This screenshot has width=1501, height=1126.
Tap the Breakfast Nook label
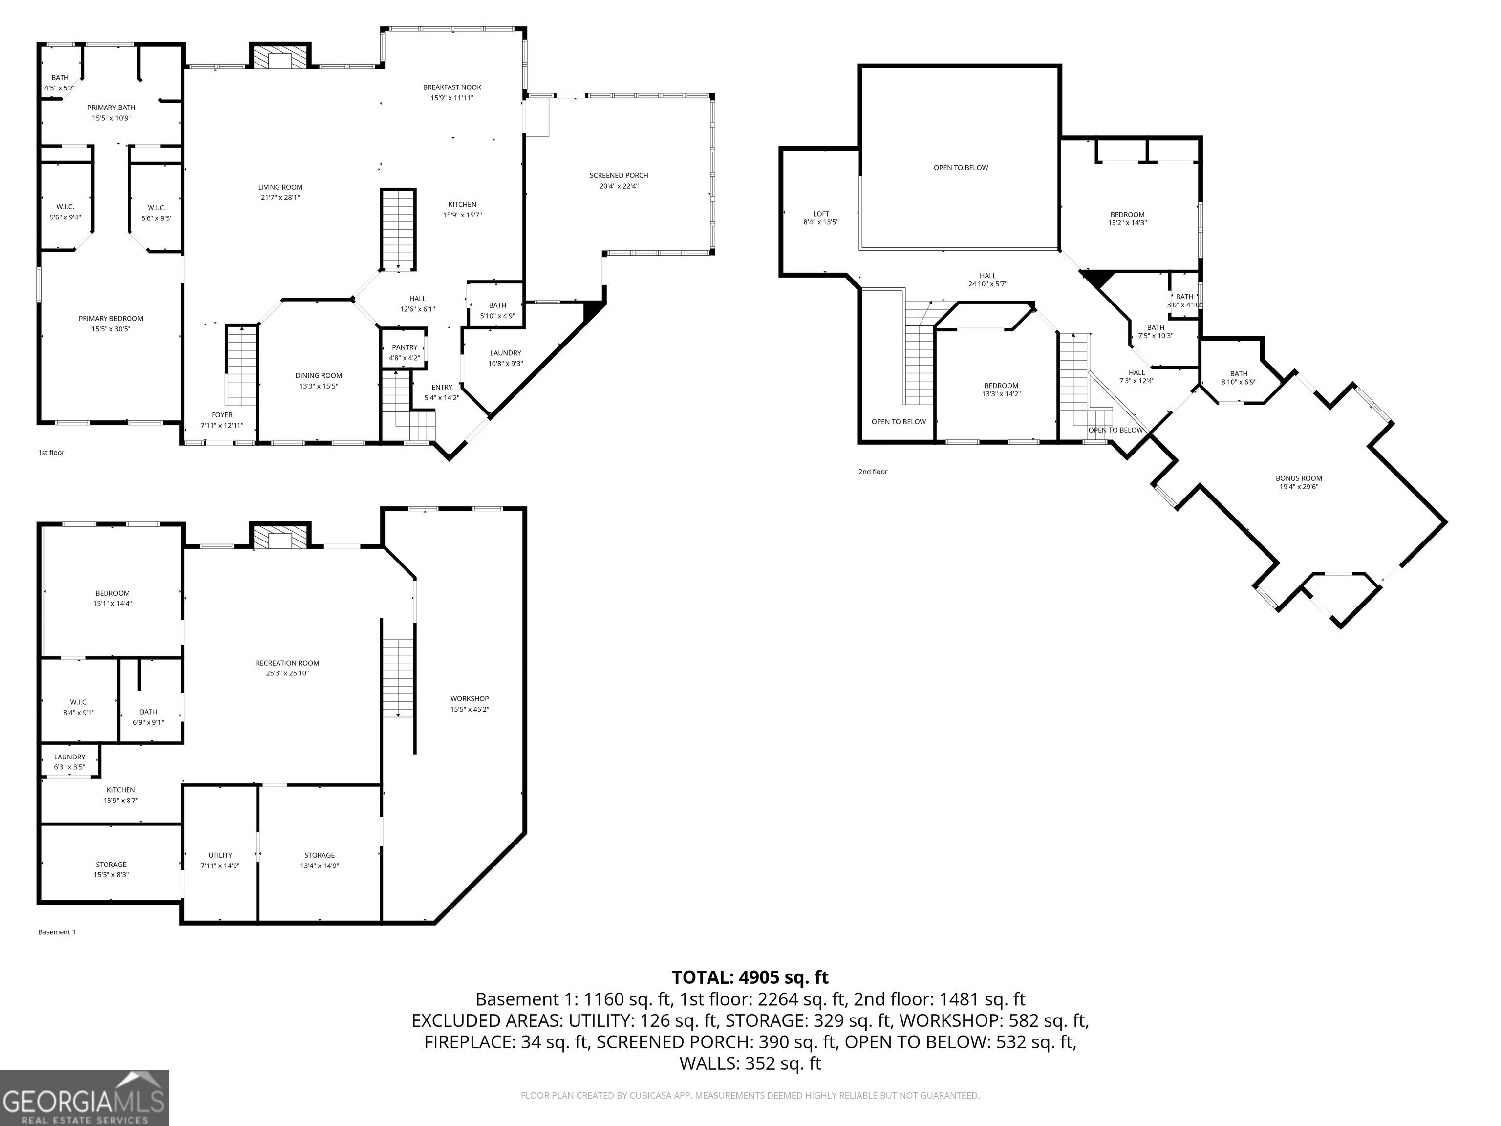tap(452, 87)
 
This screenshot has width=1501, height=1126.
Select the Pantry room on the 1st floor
tap(405, 348)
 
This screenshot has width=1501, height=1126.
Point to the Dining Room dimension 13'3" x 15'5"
tap(319, 386)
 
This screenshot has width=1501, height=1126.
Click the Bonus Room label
tap(1299, 478)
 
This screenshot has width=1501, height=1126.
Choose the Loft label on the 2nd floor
tap(821, 214)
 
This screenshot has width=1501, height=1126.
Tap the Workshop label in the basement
tap(470, 699)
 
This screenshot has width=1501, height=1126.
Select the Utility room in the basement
tap(220, 854)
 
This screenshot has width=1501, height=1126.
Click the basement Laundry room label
tap(70, 757)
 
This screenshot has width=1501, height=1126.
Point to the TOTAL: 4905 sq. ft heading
tap(750, 977)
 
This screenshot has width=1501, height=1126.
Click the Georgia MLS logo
tap(84, 1098)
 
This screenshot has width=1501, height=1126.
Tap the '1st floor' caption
tap(51, 453)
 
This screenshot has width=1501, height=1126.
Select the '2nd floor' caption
tap(873, 472)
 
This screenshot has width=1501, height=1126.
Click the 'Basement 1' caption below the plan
tap(57, 932)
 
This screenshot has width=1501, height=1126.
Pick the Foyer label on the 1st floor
tap(222, 415)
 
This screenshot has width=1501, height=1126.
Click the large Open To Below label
tap(961, 168)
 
